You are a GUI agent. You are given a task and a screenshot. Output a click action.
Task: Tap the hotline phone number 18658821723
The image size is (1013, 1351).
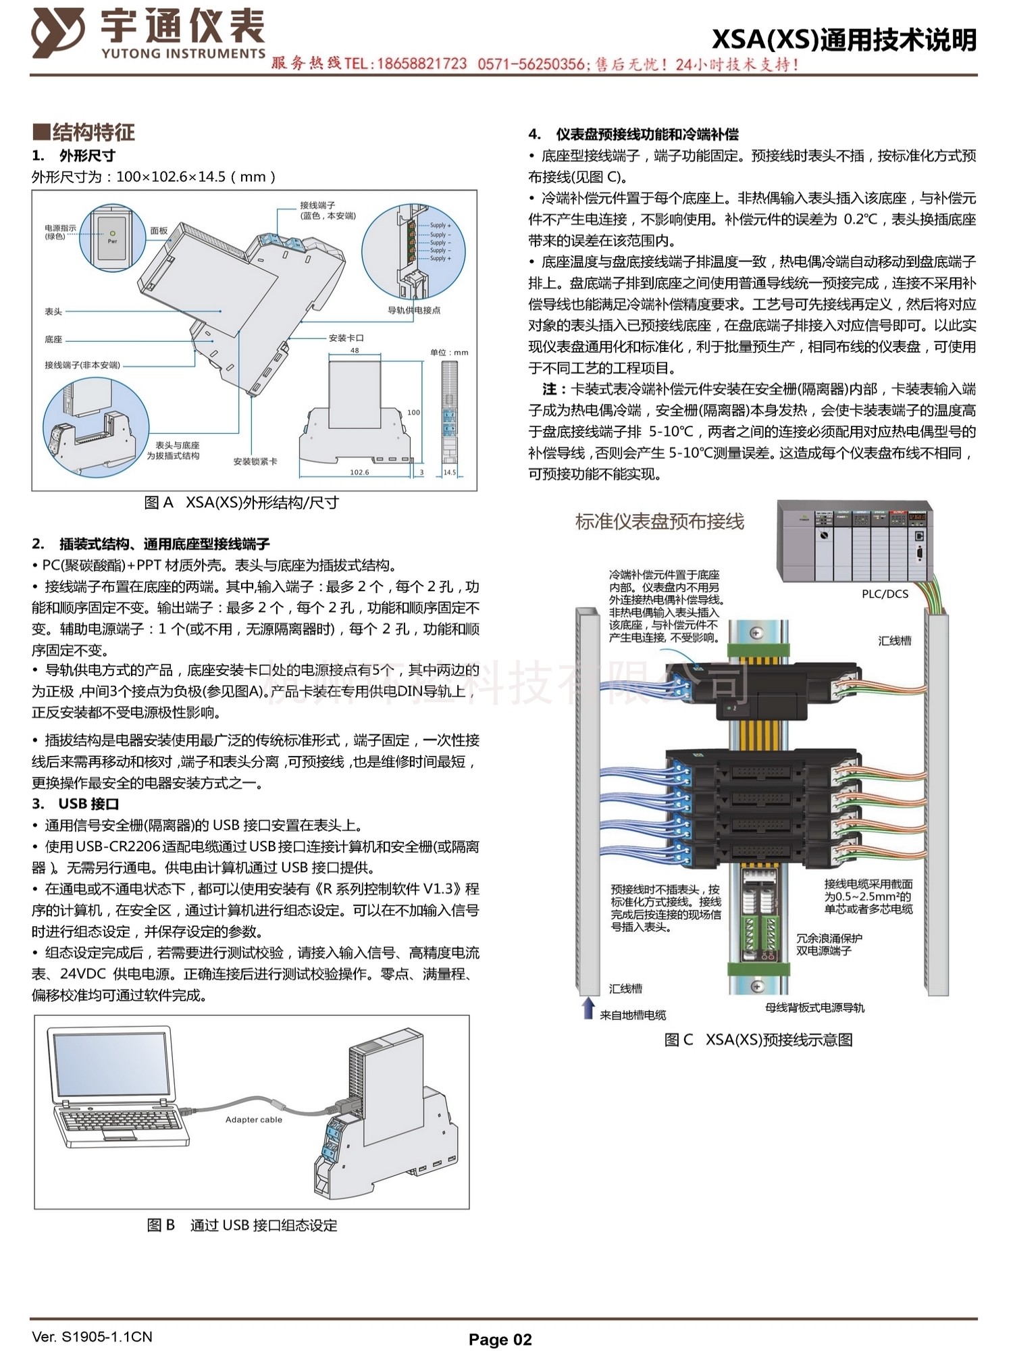pyautogui.click(x=421, y=64)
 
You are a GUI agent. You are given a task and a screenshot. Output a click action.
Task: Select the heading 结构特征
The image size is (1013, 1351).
pyautogui.click(x=85, y=132)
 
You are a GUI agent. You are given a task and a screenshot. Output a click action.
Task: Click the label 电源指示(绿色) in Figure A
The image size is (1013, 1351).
pyautogui.click(x=60, y=232)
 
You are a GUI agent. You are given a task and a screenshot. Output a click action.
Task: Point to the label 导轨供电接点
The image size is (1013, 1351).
pyautogui.click(x=414, y=310)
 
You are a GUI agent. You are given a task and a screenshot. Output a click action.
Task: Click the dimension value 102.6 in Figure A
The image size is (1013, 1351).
pyautogui.click(x=359, y=472)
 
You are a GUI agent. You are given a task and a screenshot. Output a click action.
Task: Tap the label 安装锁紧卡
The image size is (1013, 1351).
pyautogui.click(x=255, y=461)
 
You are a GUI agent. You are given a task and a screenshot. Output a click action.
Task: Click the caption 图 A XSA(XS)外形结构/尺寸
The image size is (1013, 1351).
pyautogui.click(x=241, y=503)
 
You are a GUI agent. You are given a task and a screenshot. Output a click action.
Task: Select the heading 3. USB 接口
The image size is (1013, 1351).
pyautogui.click(x=76, y=804)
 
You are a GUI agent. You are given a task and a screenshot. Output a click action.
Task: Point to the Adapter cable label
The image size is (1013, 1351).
pyautogui.click(x=253, y=1119)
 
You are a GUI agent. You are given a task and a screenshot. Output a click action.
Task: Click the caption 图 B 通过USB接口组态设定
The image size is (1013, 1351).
pyautogui.click(x=242, y=1225)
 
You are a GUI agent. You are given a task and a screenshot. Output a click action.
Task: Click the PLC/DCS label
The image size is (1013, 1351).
pyautogui.click(x=885, y=594)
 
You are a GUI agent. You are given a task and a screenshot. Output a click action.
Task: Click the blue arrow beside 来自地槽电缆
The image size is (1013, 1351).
pyautogui.click(x=588, y=1009)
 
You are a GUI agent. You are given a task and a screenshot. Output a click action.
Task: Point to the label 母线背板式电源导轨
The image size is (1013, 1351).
pyautogui.click(x=814, y=1008)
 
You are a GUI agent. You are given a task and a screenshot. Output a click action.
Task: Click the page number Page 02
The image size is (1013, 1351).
pyautogui.click(x=500, y=1340)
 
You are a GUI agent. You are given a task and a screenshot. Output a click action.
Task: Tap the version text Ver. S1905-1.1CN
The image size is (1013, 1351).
pyautogui.click(x=92, y=1337)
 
